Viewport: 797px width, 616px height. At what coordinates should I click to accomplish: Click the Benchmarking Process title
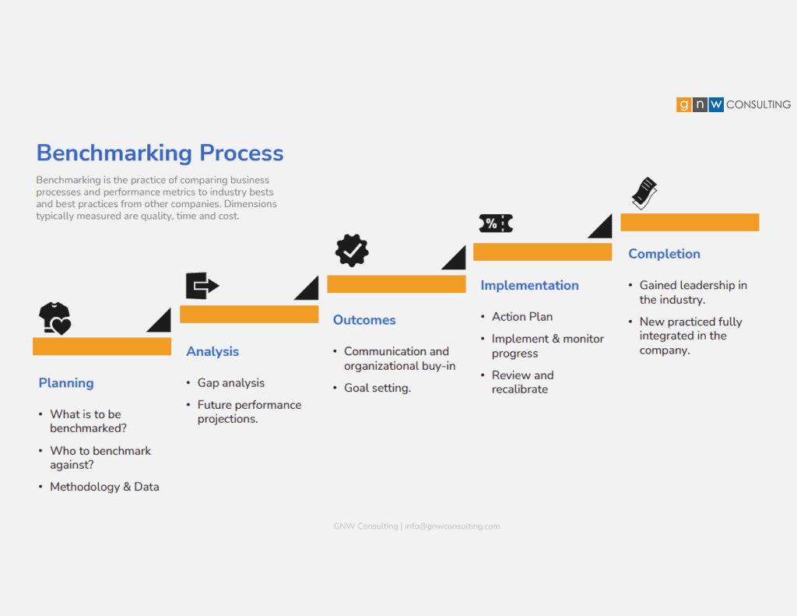point(160,153)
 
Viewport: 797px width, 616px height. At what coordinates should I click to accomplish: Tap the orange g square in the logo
point(683,104)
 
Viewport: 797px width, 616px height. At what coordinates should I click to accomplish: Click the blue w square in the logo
point(716,104)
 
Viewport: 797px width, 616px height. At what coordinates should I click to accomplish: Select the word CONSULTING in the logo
point(758,104)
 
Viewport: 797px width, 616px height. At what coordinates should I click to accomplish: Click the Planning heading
point(66,383)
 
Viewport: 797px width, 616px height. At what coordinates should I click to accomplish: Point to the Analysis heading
point(212,351)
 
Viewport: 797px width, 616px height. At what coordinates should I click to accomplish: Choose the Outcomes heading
point(364,320)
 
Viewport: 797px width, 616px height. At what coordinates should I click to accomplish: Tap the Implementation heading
point(529,285)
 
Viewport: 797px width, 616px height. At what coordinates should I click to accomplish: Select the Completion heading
point(665,254)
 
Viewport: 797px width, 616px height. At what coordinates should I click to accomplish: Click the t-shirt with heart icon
point(55,319)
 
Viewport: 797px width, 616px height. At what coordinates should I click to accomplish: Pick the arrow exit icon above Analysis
point(202,285)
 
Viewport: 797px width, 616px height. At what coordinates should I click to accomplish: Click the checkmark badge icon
point(352,250)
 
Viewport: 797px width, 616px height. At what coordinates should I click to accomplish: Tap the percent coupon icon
point(496,224)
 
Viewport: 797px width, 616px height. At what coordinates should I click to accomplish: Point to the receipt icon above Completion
point(644,193)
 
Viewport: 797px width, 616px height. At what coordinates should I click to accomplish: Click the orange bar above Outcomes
point(396,283)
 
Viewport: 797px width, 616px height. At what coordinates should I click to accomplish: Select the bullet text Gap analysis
point(231,383)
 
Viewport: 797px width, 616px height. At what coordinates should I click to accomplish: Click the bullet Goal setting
point(377,388)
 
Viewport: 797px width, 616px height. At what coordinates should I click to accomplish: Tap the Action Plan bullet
point(522,317)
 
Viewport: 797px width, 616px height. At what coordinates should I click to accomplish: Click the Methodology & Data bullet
point(105,487)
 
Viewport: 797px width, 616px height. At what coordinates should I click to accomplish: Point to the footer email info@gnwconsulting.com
point(452,526)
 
